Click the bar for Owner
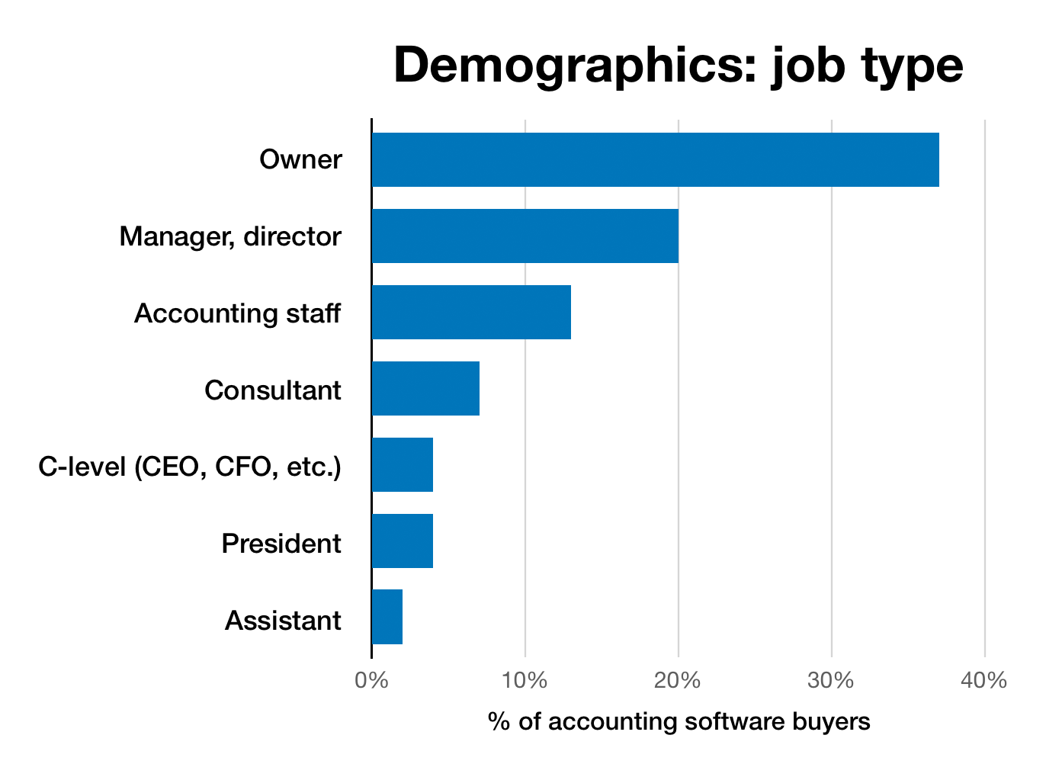(656, 160)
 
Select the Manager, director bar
(525, 236)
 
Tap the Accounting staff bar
(471, 313)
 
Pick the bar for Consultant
(425, 389)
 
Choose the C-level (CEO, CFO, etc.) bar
(403, 465)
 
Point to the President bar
(403, 541)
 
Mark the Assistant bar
(387, 618)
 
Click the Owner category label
(300, 160)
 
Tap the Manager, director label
(230, 237)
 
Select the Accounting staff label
(237, 313)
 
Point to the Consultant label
(272, 390)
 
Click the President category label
(281, 544)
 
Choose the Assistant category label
(282, 621)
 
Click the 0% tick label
(371, 680)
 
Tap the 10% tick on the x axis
(525, 680)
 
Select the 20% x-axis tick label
(678, 680)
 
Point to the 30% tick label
(831, 680)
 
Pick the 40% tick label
(984, 680)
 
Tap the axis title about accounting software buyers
(679, 721)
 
